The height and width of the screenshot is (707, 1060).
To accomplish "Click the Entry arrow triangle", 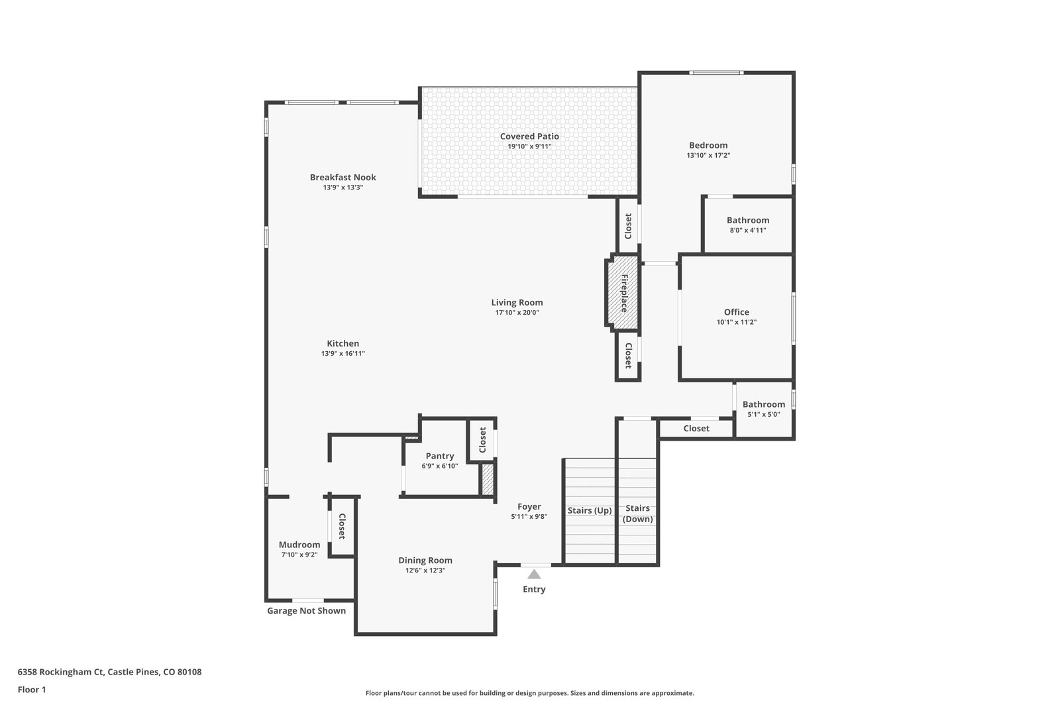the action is click(534, 574).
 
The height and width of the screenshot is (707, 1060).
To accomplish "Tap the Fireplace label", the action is click(624, 294).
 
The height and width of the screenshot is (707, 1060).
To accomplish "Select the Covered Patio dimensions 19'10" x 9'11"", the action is click(529, 146).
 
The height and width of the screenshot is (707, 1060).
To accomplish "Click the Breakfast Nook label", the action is click(343, 178).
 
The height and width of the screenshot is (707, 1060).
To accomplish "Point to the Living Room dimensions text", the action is click(517, 312).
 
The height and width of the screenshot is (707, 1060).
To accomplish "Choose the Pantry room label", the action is click(440, 456).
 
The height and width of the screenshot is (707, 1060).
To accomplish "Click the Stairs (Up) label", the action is click(590, 511).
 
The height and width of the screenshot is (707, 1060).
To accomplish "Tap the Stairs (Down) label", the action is click(637, 514).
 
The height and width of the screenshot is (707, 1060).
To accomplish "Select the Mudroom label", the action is click(299, 545).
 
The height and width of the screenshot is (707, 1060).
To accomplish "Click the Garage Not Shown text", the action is click(306, 610).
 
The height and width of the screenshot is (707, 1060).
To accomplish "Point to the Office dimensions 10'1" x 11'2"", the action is click(736, 322).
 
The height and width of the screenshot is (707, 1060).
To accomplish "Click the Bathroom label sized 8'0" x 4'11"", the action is click(748, 220).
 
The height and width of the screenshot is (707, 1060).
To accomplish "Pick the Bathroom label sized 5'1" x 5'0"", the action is click(763, 404).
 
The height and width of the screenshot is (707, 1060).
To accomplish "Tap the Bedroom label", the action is click(708, 145).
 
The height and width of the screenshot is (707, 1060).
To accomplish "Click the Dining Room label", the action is click(425, 561).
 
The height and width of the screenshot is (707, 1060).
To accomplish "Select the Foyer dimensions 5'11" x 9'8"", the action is click(529, 517).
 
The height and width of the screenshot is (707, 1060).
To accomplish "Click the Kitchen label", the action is click(343, 344).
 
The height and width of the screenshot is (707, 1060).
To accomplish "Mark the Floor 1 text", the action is click(32, 690).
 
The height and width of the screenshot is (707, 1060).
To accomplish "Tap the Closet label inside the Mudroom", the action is click(342, 526).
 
